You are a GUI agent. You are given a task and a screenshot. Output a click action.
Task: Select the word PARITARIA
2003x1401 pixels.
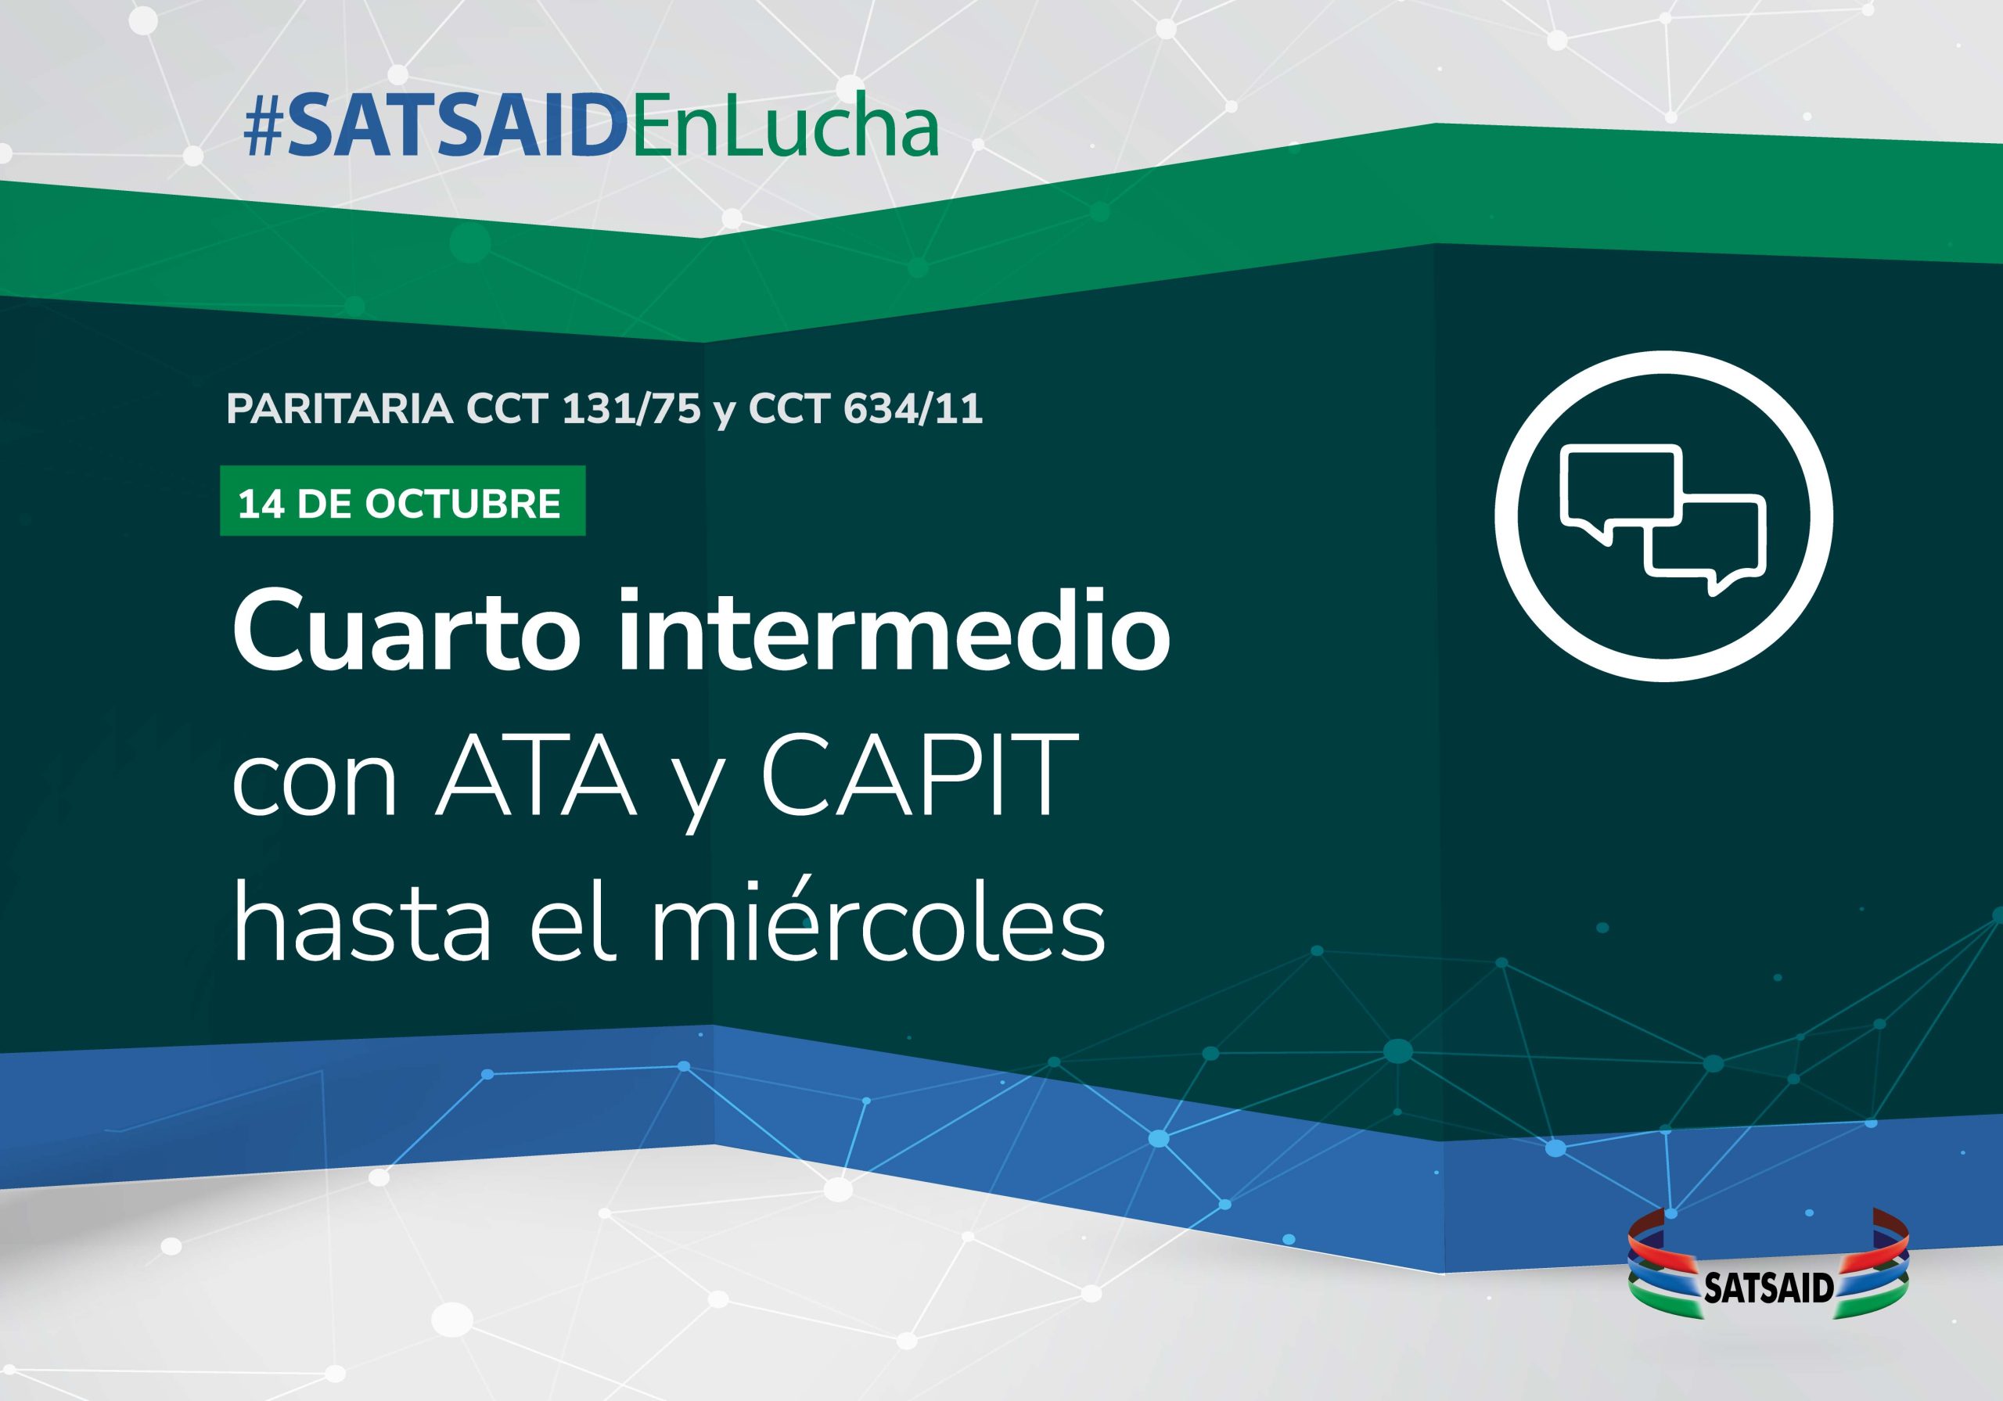(340, 409)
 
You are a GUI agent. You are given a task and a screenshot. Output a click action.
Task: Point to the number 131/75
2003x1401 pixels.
(631, 409)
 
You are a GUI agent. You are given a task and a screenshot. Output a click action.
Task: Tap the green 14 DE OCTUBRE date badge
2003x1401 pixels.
(402, 501)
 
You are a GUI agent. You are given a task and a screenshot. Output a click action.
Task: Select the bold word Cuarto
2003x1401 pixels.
(405, 633)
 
